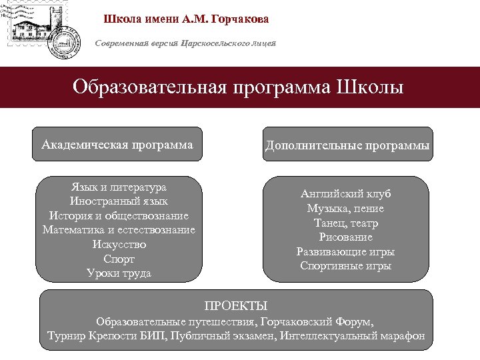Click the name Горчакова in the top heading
pos(240,19)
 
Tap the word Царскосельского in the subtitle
pos(211,43)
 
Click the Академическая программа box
pos(117,144)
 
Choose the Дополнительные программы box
pos(347,145)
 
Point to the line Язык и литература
pos(119,187)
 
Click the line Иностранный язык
pos(119,201)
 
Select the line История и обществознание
pos(119,216)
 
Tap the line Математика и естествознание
pos(119,230)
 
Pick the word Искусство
pos(119,244)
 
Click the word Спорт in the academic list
pos(119,259)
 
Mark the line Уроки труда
pos(119,273)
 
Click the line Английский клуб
pos(345,194)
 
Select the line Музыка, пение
pos(345,209)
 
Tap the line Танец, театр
pos(345,223)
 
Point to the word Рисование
pos(345,237)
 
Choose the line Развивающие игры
pos(345,252)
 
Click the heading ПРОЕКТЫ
pos(236,306)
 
